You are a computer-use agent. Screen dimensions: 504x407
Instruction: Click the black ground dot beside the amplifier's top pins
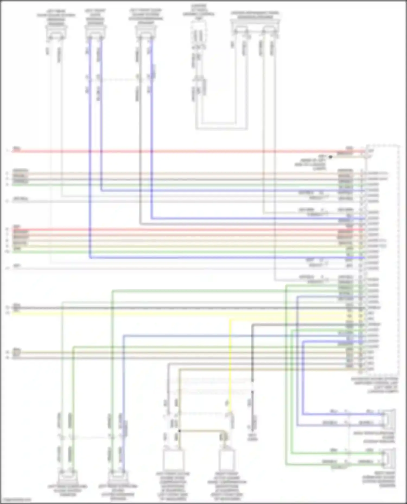[x=330, y=157]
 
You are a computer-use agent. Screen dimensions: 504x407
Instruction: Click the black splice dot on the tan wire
[x=179, y=430]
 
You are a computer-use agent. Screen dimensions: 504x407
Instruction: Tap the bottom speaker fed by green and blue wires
[x=118, y=477]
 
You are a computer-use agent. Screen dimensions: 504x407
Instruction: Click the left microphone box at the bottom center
[x=173, y=460]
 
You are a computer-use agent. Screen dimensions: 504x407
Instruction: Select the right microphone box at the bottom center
[x=227, y=460]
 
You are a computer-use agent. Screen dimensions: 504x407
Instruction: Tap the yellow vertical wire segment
[x=230, y=360]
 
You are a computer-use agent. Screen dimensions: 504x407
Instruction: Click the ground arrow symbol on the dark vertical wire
[x=252, y=428]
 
